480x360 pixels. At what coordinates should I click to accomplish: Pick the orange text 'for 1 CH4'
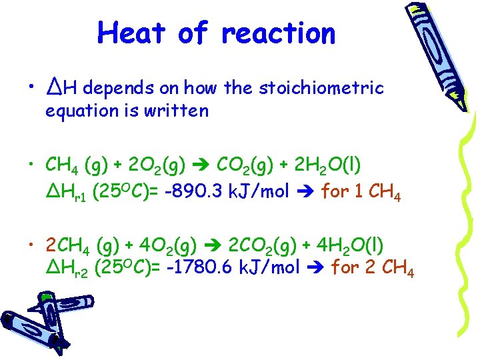pyautogui.click(x=361, y=193)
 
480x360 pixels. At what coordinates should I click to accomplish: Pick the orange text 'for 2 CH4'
pyautogui.click(x=373, y=268)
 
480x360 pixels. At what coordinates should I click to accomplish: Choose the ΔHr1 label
pyautogui.click(x=67, y=193)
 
